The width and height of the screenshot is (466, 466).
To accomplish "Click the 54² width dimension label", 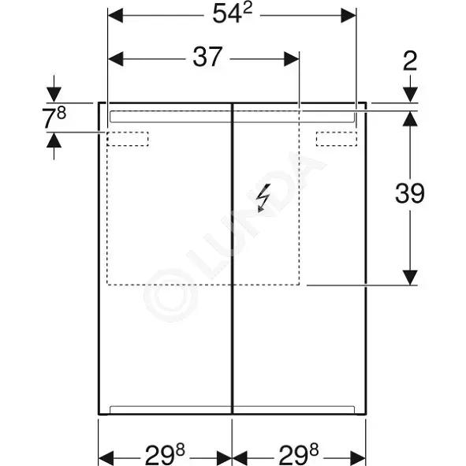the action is click(x=233, y=13).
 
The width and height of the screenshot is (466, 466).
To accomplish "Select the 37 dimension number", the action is click(x=207, y=57).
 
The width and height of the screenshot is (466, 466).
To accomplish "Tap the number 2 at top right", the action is click(x=410, y=61).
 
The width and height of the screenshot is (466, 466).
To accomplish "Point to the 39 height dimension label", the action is click(x=410, y=193).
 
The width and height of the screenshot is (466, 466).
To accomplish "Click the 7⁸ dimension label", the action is click(x=54, y=117).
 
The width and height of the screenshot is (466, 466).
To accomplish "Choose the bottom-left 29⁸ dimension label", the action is click(x=165, y=455).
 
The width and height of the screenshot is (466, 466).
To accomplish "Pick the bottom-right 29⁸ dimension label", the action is click(x=298, y=455).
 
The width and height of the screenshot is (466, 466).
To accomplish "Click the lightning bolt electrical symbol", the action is click(x=264, y=198).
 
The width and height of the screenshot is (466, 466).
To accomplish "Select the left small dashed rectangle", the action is click(x=128, y=139).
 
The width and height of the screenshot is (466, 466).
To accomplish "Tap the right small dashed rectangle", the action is click(x=337, y=139).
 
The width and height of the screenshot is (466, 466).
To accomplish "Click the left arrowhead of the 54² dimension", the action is click(x=115, y=16).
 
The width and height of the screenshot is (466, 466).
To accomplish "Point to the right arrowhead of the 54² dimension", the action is click(x=349, y=16).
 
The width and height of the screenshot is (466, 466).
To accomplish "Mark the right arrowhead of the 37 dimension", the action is click(x=292, y=59).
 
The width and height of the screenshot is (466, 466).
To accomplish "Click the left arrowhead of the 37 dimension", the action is click(x=116, y=59).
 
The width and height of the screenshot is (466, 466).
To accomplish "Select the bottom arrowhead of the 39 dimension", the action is click(x=410, y=278).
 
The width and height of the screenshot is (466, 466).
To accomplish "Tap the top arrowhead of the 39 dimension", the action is click(x=410, y=118).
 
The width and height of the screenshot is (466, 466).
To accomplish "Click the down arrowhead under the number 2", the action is click(x=411, y=95).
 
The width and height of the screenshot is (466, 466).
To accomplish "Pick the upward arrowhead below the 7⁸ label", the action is click(x=54, y=140).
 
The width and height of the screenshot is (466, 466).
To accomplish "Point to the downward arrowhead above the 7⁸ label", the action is click(x=54, y=95).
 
